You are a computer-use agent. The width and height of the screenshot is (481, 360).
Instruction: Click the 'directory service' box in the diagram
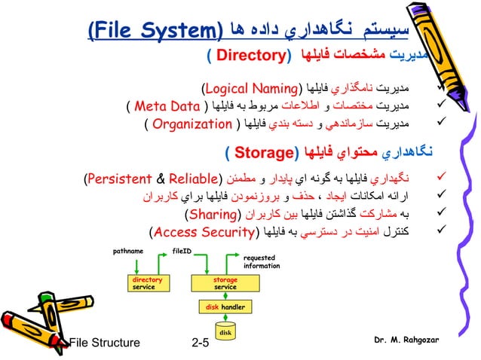pos(143,283)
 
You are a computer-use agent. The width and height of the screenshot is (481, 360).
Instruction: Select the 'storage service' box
pos(225,283)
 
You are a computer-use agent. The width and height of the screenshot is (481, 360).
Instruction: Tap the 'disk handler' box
pos(225,307)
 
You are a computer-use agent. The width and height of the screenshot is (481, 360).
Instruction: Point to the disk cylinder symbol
pos(225,331)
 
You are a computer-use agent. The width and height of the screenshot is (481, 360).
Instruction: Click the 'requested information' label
pos(261,261)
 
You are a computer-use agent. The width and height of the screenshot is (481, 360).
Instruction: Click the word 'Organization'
pos(191,124)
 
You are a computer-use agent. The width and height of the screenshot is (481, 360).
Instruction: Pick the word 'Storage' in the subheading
pos(260,154)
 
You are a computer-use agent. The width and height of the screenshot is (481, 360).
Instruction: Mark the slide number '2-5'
pos(201,343)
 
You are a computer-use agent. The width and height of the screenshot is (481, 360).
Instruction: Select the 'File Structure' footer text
pos(105,343)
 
